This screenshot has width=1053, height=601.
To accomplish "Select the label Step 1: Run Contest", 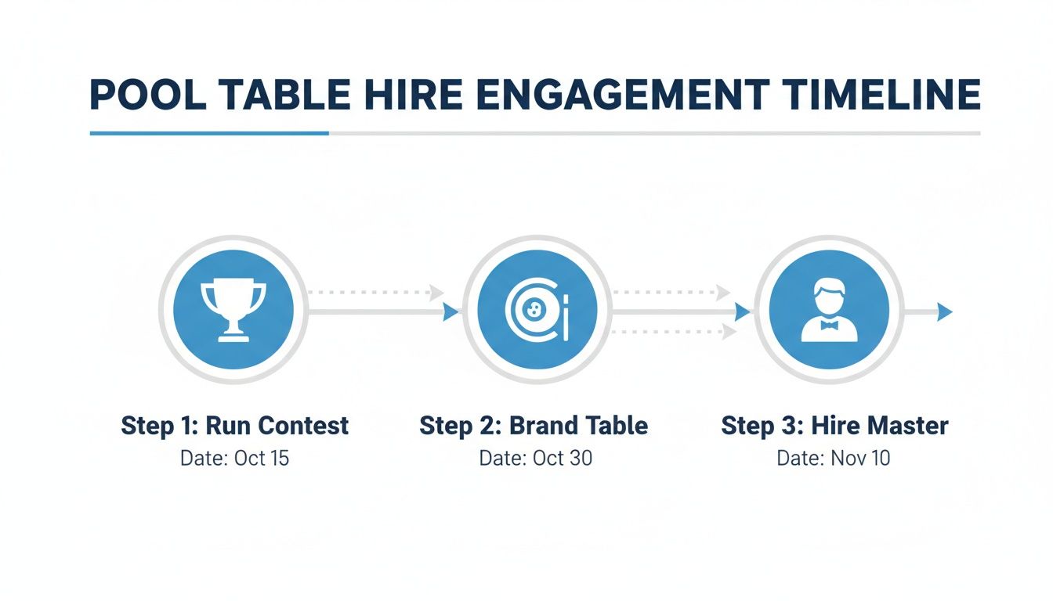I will (234, 426).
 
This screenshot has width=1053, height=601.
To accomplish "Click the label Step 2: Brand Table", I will (534, 426).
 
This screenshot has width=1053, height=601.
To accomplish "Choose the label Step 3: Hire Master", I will (834, 426).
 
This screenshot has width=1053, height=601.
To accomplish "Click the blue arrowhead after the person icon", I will (945, 312).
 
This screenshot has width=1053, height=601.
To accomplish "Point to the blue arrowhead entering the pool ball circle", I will (451, 312).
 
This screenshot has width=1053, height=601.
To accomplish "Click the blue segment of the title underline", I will (209, 133).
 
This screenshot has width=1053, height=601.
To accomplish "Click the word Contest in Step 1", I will (303, 426).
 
